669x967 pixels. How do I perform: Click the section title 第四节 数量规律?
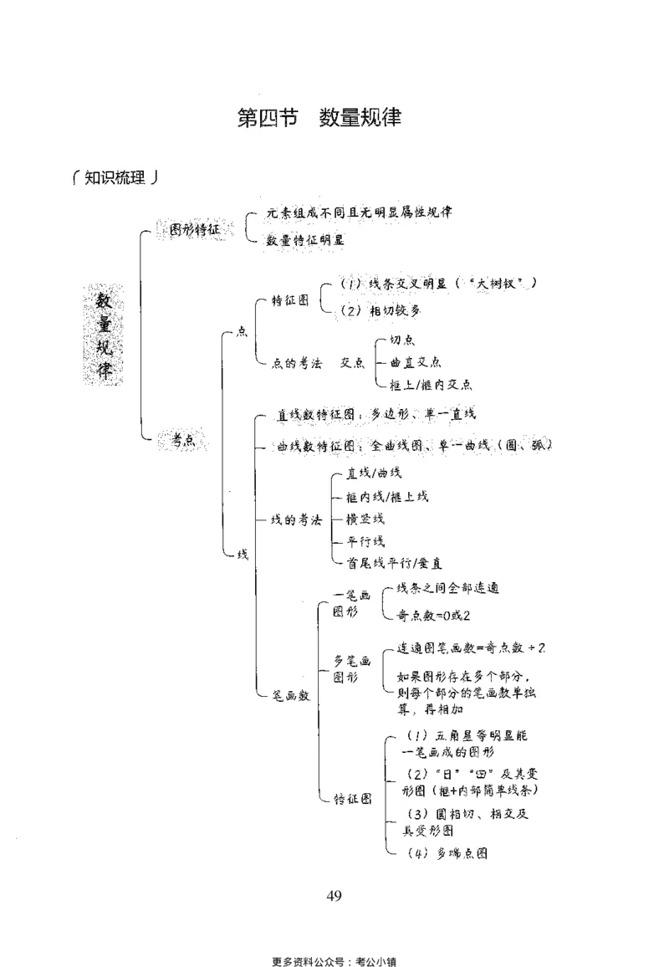click(320, 118)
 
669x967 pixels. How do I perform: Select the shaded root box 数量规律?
click(104, 335)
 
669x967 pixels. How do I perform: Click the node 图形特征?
click(195, 230)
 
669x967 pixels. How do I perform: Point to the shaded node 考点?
click(184, 441)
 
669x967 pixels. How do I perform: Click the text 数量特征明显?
click(306, 240)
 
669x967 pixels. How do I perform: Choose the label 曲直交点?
click(416, 362)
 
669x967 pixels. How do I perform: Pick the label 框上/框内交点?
click(431, 385)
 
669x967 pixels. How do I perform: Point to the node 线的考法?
click(296, 519)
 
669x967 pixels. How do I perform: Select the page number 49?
click(334, 896)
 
